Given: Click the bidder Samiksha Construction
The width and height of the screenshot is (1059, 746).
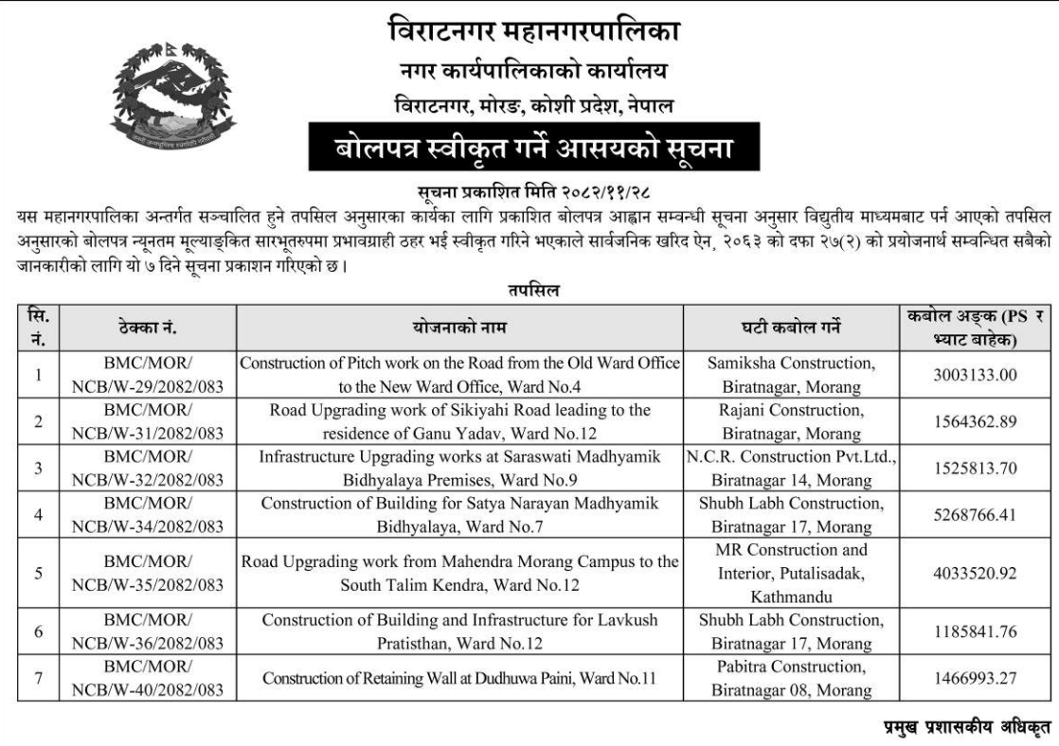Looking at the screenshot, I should click(x=790, y=375).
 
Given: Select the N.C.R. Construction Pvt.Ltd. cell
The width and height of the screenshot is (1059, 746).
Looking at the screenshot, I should click(x=790, y=469).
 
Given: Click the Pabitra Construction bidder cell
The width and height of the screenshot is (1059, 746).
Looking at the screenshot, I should click(x=790, y=679).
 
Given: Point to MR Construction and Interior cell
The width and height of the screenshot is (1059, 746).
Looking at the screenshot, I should click(x=790, y=574).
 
